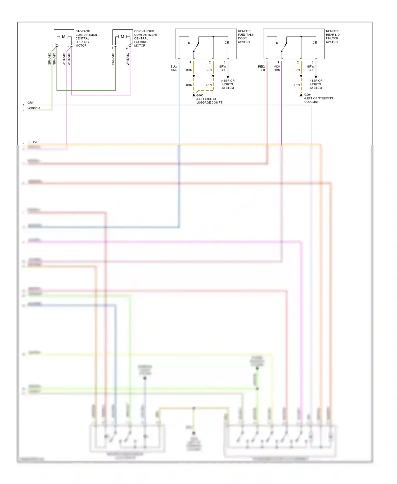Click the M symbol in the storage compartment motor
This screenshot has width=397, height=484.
(x=64, y=37)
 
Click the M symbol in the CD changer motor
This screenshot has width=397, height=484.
(x=122, y=37)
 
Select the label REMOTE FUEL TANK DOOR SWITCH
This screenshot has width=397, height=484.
(x=246, y=37)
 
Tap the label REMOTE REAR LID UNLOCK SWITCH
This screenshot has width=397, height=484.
(x=333, y=37)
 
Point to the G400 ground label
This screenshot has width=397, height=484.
(x=200, y=95)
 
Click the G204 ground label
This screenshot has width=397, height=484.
(x=308, y=95)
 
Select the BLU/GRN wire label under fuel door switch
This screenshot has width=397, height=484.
(x=174, y=68)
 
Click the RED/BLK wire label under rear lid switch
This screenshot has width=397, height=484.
(x=262, y=68)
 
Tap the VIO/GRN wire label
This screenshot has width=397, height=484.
(x=277, y=68)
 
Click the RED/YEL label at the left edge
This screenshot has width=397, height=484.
(x=34, y=142)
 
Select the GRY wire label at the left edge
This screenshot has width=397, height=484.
(x=31, y=103)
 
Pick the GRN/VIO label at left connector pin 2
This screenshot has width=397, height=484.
(x=34, y=108)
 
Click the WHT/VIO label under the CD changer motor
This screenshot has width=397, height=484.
(x=128, y=59)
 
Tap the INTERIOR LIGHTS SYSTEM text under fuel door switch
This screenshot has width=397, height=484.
(x=228, y=84)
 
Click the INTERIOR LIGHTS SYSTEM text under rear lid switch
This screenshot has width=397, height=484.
(x=315, y=84)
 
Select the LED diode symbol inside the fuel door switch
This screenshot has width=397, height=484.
(x=227, y=42)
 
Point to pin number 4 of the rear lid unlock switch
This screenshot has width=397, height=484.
(x=278, y=62)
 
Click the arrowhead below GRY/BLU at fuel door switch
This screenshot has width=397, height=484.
(x=228, y=77)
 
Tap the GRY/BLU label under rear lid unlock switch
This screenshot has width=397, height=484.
(x=311, y=68)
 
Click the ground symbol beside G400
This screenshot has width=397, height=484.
(x=194, y=96)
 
